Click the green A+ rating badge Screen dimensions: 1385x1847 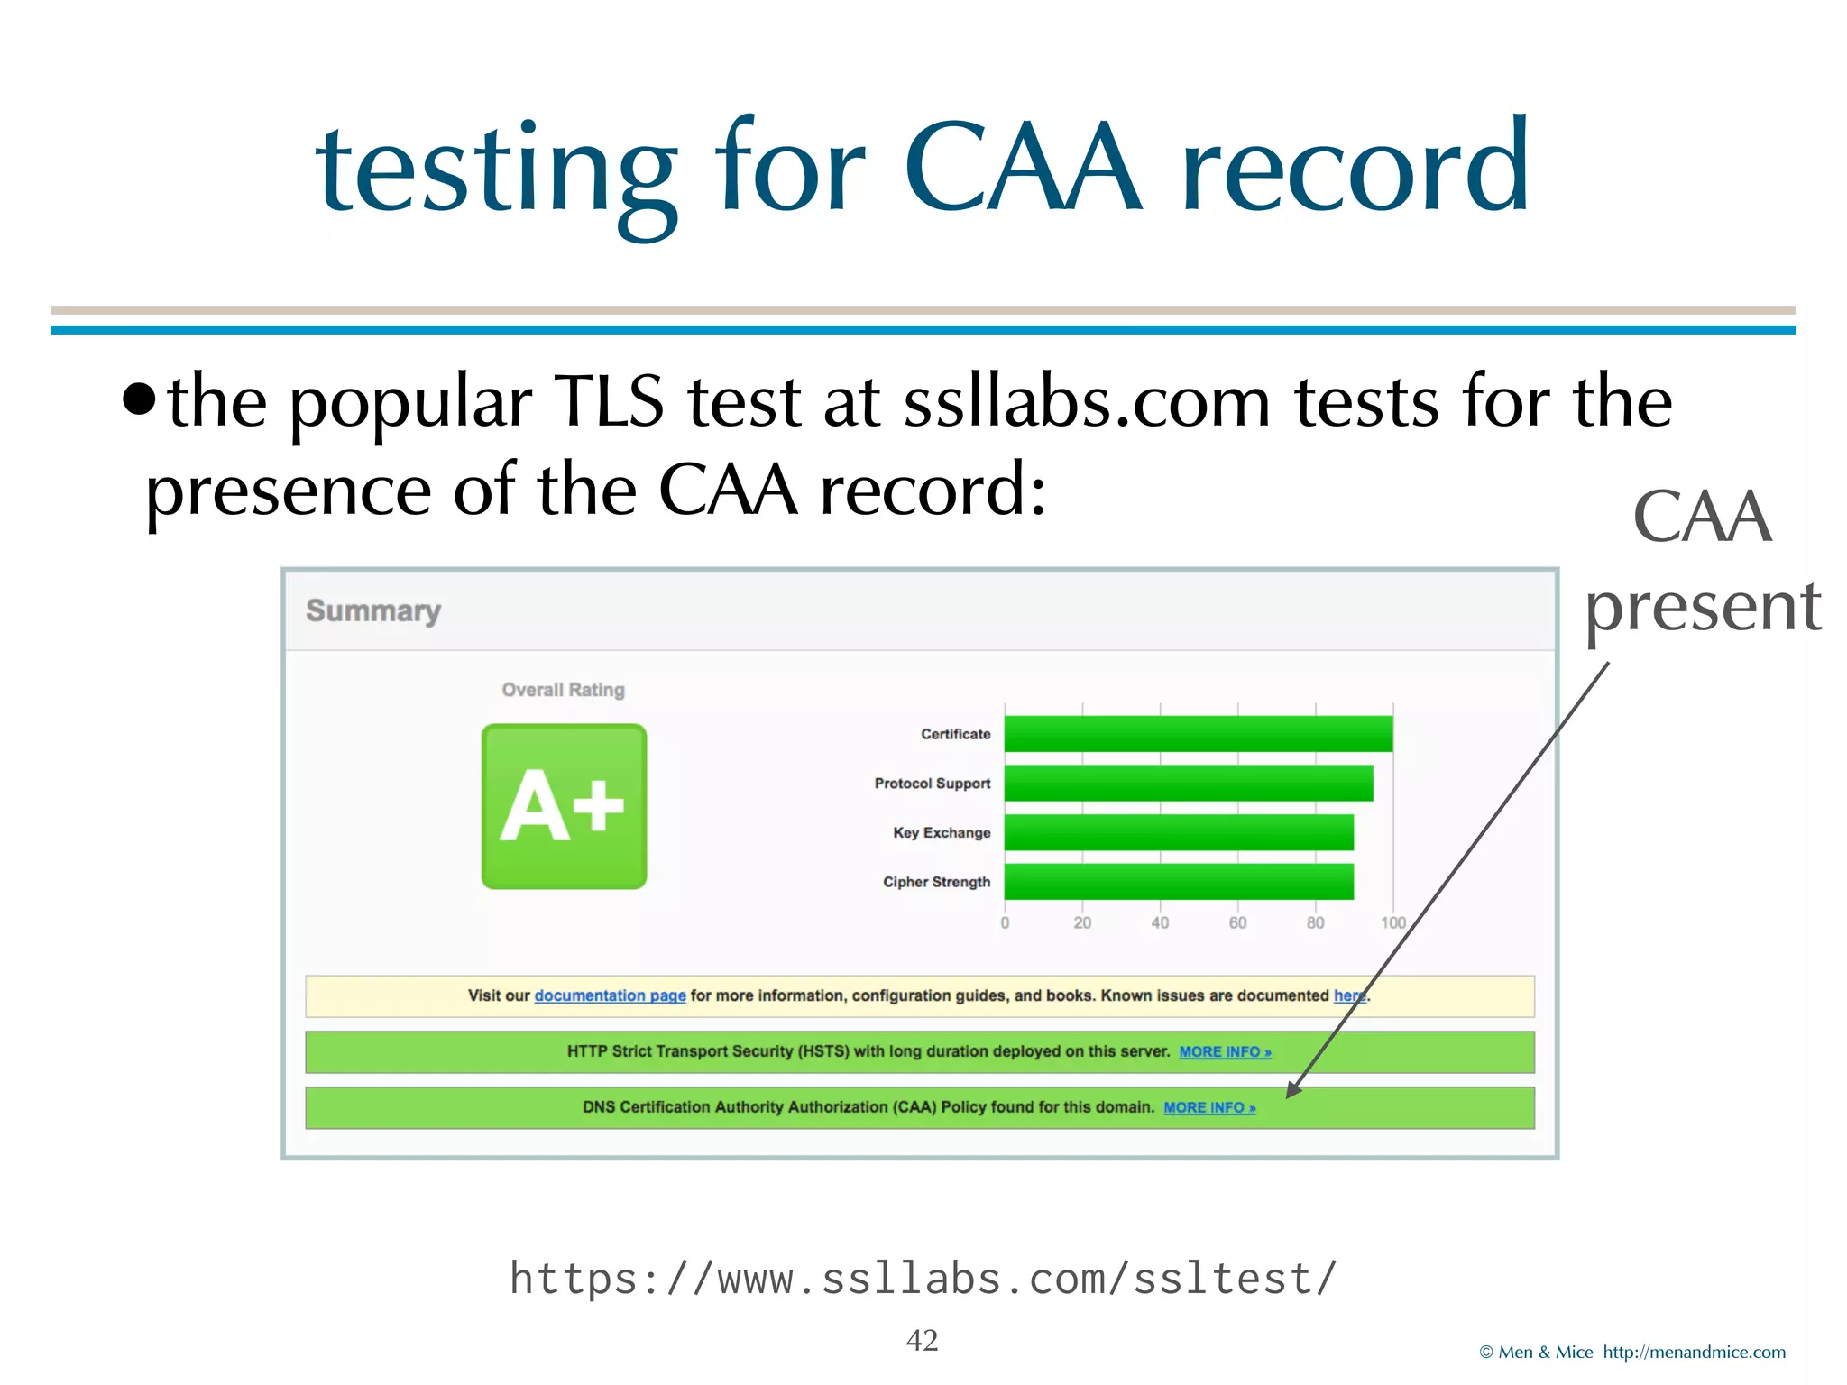564,806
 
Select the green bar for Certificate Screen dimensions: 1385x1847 1198,733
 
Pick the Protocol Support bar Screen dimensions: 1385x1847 1188,783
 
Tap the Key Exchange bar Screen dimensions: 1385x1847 1178,832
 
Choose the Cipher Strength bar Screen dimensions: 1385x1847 1178,881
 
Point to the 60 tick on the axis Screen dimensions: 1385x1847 1237,922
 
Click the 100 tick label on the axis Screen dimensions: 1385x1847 1392,922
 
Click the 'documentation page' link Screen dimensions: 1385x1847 610,995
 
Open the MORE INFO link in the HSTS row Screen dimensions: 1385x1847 1225,1051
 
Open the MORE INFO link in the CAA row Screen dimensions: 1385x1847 1208,1107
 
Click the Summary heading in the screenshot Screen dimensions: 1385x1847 373,610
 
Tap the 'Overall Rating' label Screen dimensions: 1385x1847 563,690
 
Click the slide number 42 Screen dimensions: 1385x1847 922,1340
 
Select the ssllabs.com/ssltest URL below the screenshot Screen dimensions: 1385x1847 923,1279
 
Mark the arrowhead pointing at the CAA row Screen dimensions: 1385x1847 1292,1090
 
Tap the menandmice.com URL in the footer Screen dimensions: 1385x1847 1694,1352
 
